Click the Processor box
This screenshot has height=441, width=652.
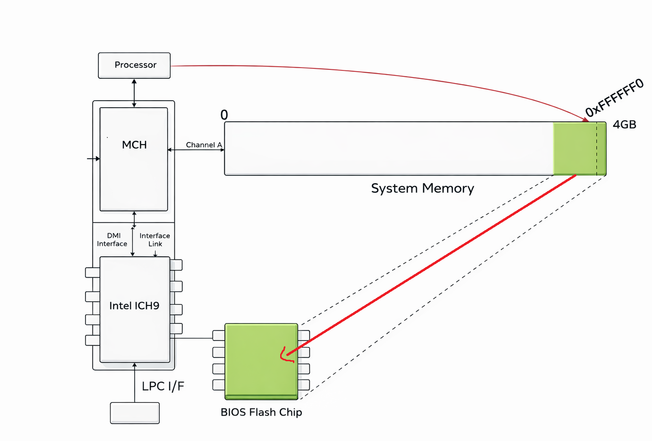[x=134, y=65]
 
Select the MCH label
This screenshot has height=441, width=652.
[x=134, y=145]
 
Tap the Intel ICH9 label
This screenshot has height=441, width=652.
[x=134, y=306]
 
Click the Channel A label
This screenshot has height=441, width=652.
[x=204, y=145]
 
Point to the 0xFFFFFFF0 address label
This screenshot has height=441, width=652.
[x=614, y=98]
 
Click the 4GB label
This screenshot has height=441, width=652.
[x=624, y=125]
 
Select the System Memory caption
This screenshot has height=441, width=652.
[x=422, y=188]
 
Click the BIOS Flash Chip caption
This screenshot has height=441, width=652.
[x=261, y=412]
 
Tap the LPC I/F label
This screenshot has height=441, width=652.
[x=163, y=386]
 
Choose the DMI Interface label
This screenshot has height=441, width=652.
[x=112, y=240]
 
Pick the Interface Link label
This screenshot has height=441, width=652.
[x=154, y=240]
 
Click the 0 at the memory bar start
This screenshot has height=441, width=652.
[x=224, y=115]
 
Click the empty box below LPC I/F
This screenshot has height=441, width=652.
[x=135, y=413]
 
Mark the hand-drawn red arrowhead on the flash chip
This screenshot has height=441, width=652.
[x=285, y=356]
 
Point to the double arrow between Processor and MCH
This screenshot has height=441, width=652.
[x=134, y=93]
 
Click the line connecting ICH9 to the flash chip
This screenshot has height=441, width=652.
[x=191, y=338]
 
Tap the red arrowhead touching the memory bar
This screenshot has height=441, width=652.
[x=586, y=120]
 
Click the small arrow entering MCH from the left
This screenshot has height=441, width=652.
[x=94, y=159]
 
